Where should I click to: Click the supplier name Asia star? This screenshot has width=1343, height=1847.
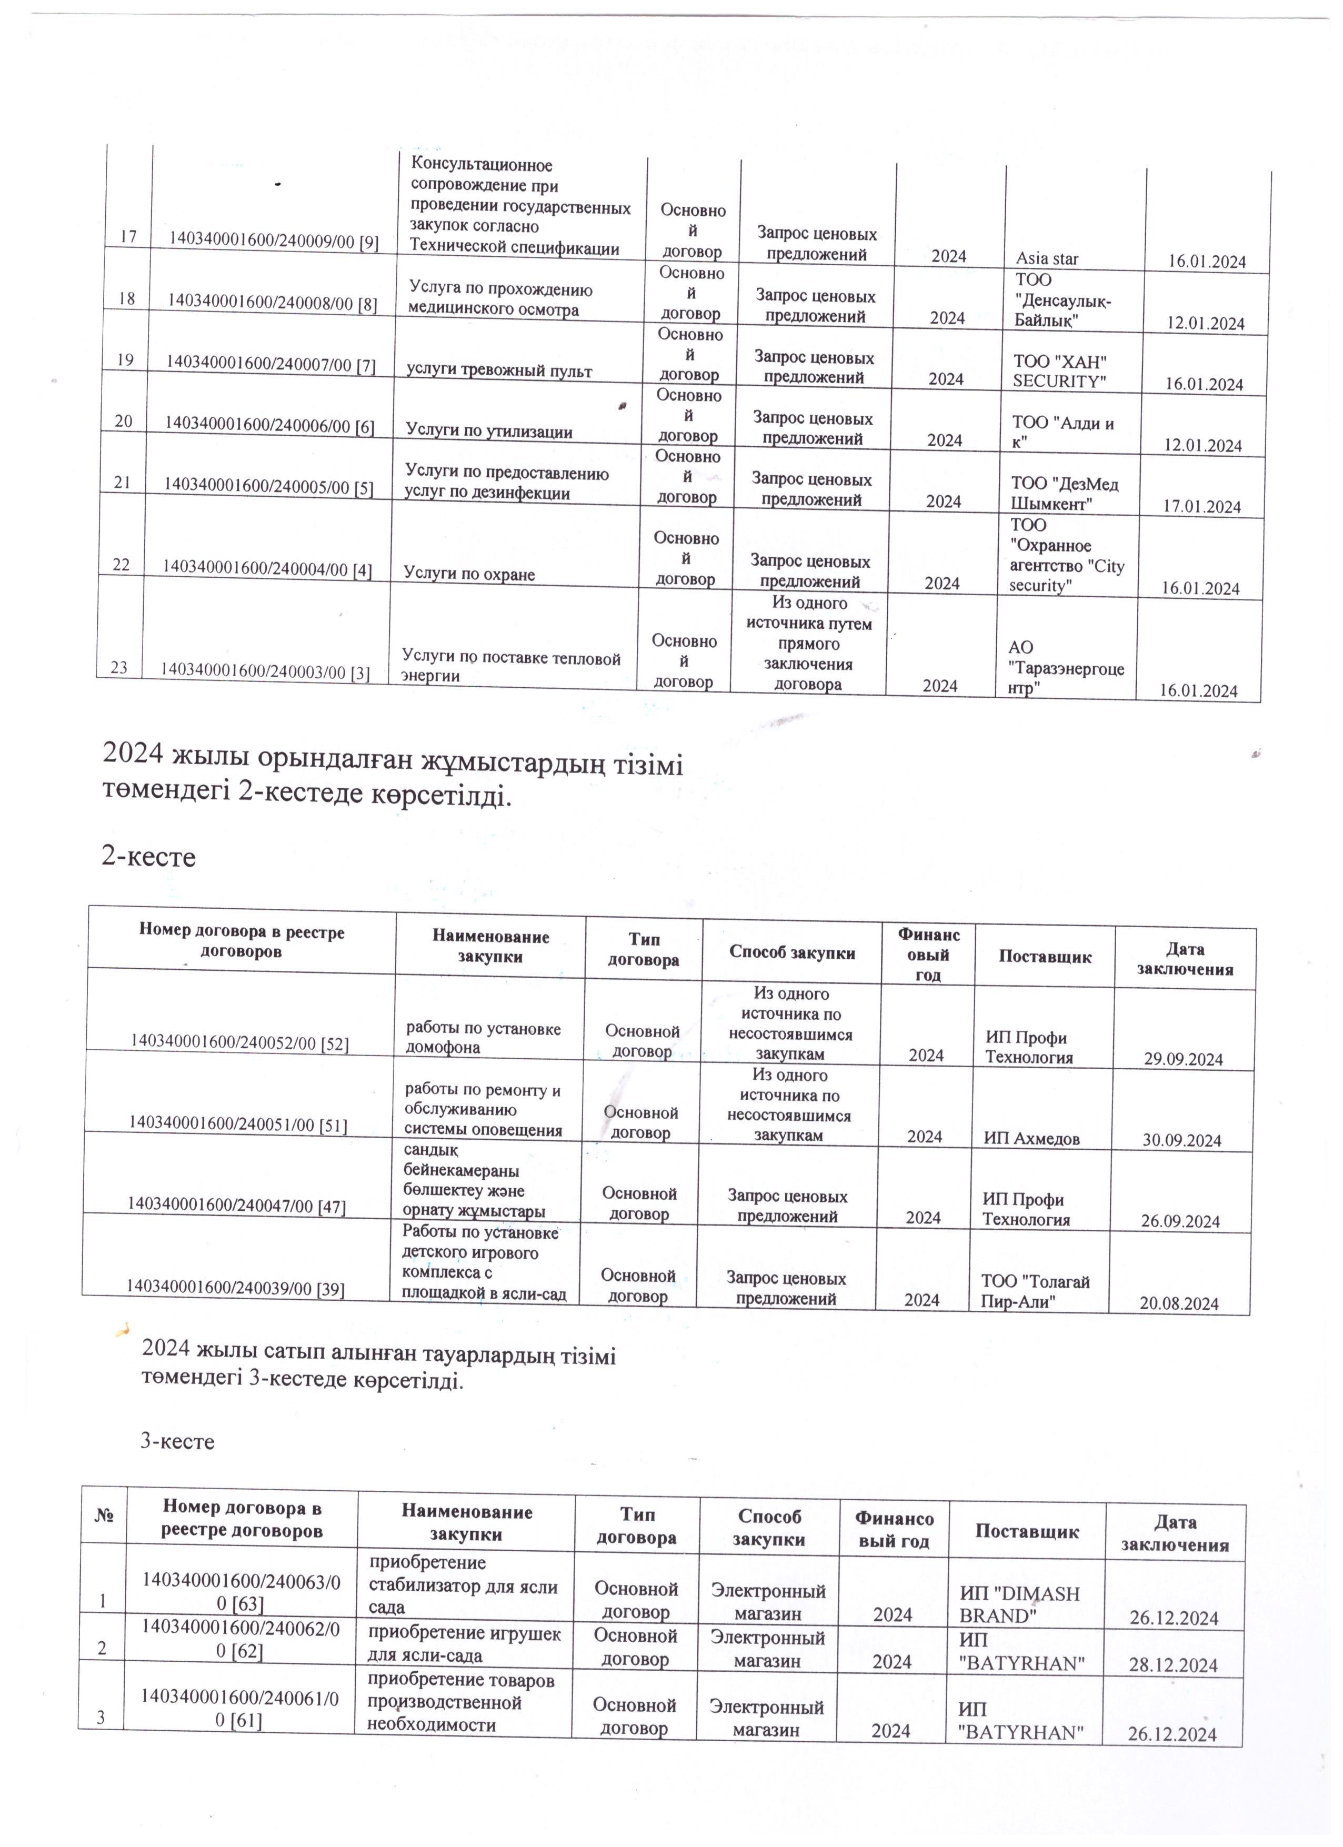click(1047, 259)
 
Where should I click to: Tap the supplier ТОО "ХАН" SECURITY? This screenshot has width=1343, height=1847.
click(1059, 372)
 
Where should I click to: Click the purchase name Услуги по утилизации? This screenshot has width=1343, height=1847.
click(489, 431)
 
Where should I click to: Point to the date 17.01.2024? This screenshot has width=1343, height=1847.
click(1201, 507)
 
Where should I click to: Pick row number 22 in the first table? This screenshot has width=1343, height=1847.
click(121, 563)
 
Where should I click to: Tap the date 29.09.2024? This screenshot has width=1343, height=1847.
click(1182, 1059)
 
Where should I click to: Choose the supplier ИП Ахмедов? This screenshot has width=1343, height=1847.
click(1031, 1139)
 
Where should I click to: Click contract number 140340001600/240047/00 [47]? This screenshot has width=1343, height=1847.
click(236, 1204)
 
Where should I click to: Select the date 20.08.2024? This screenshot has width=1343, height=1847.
click(1178, 1303)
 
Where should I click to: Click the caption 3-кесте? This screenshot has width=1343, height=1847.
click(177, 1441)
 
